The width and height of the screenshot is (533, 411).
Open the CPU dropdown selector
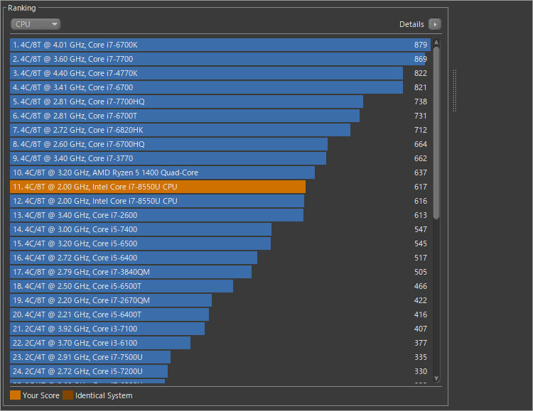35,24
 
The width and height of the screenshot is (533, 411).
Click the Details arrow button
434,24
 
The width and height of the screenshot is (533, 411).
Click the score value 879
421,45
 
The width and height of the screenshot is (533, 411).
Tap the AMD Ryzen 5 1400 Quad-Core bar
162,172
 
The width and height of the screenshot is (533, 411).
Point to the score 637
421,172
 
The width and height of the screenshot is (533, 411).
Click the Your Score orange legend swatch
15,395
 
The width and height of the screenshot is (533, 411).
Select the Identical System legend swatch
68,395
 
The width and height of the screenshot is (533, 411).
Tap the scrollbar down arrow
436,378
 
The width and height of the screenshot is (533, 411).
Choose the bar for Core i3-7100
107,329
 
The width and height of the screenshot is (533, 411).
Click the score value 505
421,272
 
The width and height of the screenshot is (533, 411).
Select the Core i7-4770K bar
206,73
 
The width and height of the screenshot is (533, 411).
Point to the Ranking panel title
21,8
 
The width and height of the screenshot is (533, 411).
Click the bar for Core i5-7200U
89,371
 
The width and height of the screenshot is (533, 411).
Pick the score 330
421,371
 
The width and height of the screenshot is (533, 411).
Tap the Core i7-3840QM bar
131,272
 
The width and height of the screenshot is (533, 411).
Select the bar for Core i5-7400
141,229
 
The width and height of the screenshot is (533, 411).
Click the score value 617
421,187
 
